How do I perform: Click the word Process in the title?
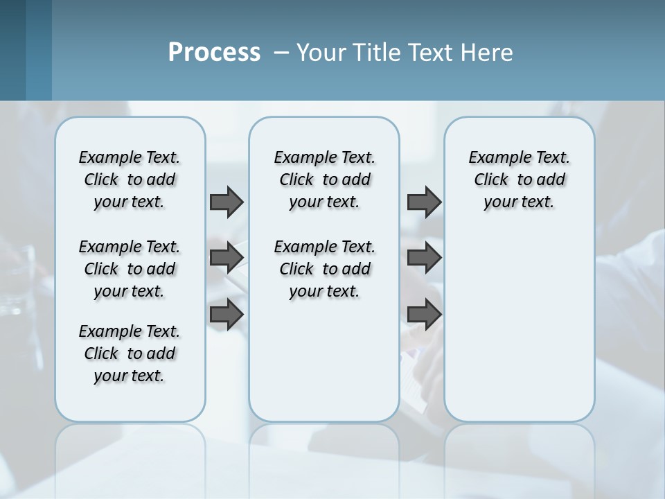[x=214, y=53]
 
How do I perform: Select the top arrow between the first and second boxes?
[x=227, y=202]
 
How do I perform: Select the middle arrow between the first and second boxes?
[x=227, y=258]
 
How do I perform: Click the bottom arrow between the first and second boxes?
[x=227, y=314]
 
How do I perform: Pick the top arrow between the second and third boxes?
[x=424, y=202]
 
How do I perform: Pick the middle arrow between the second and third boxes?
[x=424, y=258]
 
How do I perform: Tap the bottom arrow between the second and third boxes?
[x=424, y=314]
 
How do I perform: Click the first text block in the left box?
[x=130, y=180]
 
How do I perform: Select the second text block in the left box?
[x=130, y=269]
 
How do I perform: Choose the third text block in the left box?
[x=130, y=353]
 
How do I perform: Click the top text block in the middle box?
[x=324, y=180]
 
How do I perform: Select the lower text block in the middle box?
[x=324, y=269]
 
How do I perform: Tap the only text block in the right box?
[x=520, y=180]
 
